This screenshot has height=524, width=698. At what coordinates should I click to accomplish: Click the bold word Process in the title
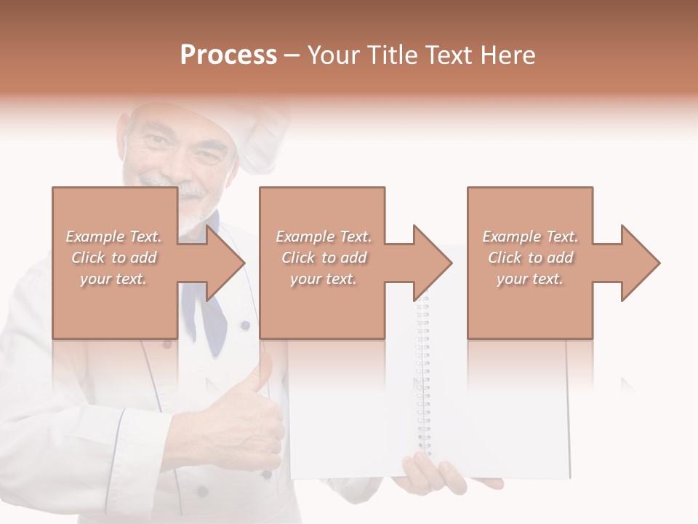pos(228,55)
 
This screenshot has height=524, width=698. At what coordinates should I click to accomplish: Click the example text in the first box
pos(113,258)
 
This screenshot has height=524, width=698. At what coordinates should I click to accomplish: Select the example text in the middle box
pos(323,258)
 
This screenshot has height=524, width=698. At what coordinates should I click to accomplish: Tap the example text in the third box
pos(530,258)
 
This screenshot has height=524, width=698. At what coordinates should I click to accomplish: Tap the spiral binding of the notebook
pos(422,378)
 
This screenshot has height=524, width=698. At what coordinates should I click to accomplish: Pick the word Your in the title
pos(332,55)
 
